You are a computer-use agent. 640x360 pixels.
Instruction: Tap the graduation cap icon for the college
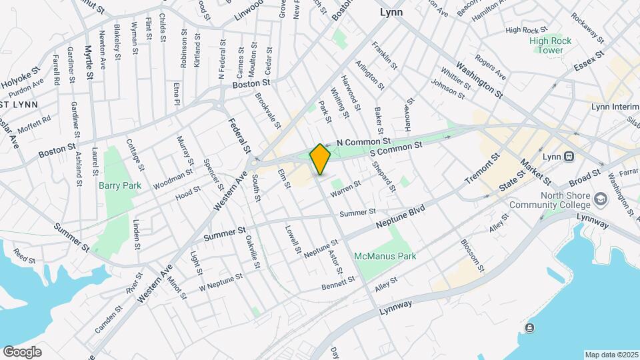tap(601, 199)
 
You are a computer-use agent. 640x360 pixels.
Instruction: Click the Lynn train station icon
tap(569, 156)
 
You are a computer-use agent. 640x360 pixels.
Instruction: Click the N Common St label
tap(363, 142)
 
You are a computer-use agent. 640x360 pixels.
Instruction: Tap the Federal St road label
tap(238, 134)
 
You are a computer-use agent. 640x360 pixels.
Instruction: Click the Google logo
tap(22, 351)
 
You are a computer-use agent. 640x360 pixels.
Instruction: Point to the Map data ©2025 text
tap(611, 355)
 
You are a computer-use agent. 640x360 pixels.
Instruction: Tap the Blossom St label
tap(473, 254)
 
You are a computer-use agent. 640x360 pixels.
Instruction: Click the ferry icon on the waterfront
tap(529, 327)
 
